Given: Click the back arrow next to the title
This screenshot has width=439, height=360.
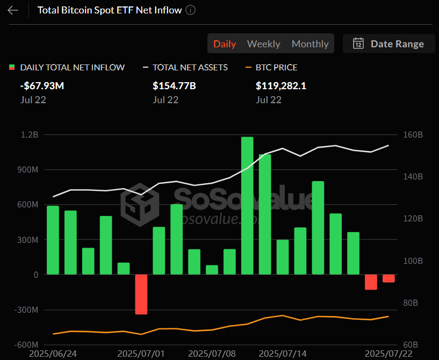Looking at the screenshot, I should (x=13, y=10).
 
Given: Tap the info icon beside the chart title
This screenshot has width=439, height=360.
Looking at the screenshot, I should (x=191, y=10).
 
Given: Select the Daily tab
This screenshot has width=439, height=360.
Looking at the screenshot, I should (x=225, y=44).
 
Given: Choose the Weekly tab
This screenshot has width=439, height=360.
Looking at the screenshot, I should (x=263, y=44).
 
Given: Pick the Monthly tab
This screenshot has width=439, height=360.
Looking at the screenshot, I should (x=310, y=44).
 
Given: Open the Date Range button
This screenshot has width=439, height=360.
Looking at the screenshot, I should (x=388, y=44).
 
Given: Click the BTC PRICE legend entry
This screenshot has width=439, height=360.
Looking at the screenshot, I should (x=276, y=68).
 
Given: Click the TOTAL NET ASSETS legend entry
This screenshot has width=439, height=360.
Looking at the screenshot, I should (x=190, y=68).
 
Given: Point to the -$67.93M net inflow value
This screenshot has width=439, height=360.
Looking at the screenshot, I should (x=42, y=85).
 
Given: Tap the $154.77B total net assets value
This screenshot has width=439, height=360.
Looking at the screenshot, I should (x=174, y=85).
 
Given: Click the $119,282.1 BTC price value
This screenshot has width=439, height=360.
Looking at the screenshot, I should (x=281, y=85).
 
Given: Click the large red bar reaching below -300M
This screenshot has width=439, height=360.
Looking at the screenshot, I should (x=141, y=294).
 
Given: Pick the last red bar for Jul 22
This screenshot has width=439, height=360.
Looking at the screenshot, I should (x=388, y=278).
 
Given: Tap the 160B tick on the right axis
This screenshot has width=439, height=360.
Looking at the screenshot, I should (x=413, y=135).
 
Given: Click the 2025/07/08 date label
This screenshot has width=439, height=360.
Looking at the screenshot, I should (x=212, y=354).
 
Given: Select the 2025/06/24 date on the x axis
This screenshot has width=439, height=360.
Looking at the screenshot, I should (x=53, y=354).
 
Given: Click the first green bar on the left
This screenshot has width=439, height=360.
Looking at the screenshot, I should (x=53, y=240).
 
